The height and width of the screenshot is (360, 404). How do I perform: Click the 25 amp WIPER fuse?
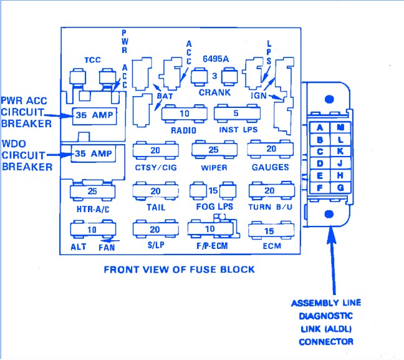[213, 150]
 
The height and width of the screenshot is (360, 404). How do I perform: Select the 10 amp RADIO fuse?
[184, 114]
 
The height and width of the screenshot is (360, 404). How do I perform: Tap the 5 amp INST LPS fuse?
[236, 114]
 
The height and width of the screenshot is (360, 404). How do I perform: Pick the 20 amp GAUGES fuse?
[271, 150]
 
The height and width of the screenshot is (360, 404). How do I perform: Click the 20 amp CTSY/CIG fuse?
[155, 151]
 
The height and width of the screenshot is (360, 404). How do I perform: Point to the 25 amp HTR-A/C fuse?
[92, 190]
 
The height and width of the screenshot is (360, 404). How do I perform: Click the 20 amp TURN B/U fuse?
[270, 191]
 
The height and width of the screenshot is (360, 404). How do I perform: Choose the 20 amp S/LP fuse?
[155, 230]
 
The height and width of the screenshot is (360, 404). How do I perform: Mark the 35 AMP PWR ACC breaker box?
[94, 115]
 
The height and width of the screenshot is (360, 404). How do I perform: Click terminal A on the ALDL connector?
[320, 128]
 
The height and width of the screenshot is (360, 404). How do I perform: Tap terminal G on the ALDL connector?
[340, 188]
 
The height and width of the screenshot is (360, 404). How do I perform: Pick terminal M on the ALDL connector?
[340, 128]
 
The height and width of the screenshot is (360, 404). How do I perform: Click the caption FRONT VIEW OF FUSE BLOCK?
[179, 270]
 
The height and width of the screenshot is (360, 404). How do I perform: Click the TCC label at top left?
[93, 60]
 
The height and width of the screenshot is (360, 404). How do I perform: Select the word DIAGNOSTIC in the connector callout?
[326, 316]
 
